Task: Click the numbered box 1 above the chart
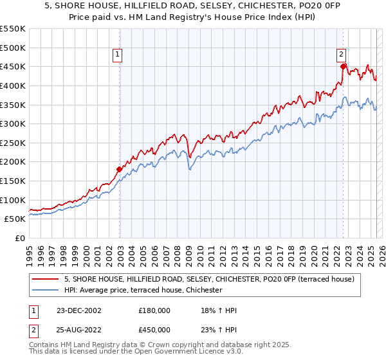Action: click(x=118, y=56)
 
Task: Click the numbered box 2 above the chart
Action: click(x=341, y=56)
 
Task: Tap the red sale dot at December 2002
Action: click(x=119, y=170)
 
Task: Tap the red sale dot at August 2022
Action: click(x=343, y=66)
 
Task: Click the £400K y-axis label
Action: click(x=14, y=85)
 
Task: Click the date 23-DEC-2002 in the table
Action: click(x=78, y=310)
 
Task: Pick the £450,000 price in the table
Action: click(x=154, y=330)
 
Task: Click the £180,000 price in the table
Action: click(x=154, y=310)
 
